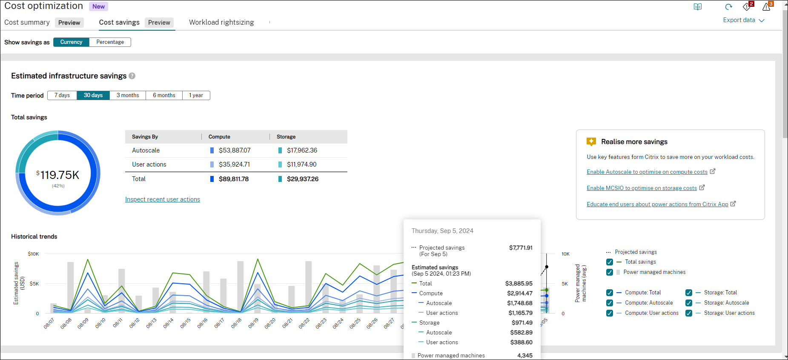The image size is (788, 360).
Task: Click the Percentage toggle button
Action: click(110, 42)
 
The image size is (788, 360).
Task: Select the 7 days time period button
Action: click(62, 95)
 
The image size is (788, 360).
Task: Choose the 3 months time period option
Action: click(128, 95)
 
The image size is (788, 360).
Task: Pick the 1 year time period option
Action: click(196, 95)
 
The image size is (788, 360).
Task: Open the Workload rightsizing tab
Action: click(221, 23)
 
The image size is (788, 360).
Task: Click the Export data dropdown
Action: click(743, 20)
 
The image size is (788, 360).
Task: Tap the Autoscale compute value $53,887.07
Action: click(235, 150)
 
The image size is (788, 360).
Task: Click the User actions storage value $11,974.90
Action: click(301, 164)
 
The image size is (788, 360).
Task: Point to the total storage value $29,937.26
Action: click(302, 179)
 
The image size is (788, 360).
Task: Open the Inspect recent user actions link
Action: click(162, 199)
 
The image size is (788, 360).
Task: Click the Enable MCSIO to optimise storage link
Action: click(642, 188)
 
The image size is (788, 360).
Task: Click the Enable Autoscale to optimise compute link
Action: click(647, 172)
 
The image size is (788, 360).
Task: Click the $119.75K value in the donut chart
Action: click(58, 175)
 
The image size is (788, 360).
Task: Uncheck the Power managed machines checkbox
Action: click(610, 272)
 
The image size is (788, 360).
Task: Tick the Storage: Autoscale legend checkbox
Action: click(689, 303)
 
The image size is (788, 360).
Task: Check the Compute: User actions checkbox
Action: click(610, 313)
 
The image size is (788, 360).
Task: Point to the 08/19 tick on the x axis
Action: click(253, 323)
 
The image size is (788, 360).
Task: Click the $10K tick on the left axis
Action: click(33, 254)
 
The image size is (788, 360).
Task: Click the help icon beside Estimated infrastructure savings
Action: click(132, 76)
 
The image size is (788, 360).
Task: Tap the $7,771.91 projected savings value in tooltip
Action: click(520, 248)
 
